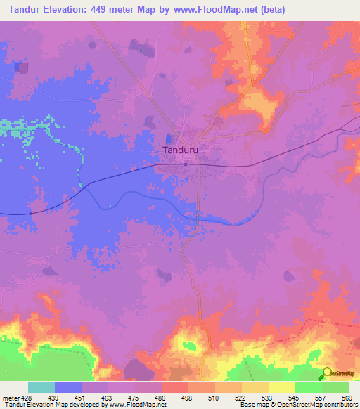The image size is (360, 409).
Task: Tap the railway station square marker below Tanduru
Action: pos(186,164)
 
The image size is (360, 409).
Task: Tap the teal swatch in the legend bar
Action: pos(41,387)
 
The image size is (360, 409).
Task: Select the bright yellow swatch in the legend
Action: pos(281,387)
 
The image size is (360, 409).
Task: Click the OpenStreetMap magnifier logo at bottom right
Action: pos(328,373)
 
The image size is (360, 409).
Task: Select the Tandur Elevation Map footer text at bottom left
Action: pos(56,405)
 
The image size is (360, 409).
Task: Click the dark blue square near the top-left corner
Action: pos(22,68)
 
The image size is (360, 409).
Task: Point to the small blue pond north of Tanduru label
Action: pos(169,139)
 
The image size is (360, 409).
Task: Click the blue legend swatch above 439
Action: pos(68,387)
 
